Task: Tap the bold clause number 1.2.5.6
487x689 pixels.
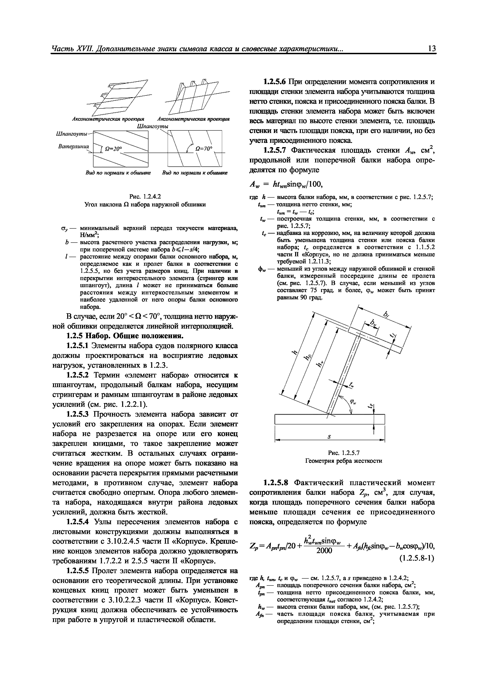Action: (x=275, y=82)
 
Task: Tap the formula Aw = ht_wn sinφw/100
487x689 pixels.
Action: (x=286, y=184)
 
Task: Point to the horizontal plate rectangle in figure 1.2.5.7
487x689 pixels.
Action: (x=330, y=419)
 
